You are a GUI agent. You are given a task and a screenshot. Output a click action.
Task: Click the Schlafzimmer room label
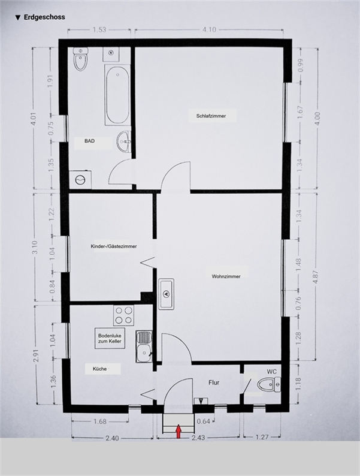(x=211, y=116)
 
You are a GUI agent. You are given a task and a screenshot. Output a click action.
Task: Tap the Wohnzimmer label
(x=226, y=276)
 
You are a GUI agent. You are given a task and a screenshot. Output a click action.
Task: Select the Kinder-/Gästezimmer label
(x=114, y=246)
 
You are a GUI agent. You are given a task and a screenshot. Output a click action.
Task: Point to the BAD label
(x=89, y=141)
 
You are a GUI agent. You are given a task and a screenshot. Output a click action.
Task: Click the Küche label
(x=100, y=369)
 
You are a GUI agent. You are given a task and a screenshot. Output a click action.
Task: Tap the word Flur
(x=214, y=382)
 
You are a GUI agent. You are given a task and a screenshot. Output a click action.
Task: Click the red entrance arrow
(x=179, y=432)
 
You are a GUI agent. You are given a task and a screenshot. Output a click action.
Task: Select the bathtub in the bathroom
(x=117, y=95)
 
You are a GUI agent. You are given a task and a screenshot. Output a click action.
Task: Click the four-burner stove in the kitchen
(x=124, y=315)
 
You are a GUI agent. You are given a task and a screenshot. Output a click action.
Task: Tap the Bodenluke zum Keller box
(x=110, y=339)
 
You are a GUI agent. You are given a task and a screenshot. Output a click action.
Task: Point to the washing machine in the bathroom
(x=80, y=180)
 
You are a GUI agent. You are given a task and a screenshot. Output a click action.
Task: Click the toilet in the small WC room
(x=269, y=385)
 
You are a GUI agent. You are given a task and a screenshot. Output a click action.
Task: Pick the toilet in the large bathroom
(x=81, y=59)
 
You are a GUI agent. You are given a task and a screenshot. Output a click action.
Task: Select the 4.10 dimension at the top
(x=209, y=30)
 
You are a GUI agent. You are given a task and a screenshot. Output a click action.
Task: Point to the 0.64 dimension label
(x=203, y=421)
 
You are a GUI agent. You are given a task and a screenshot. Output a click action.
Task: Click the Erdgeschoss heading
(x=44, y=17)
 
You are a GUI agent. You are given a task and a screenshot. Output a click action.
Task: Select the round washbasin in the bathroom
(x=124, y=141)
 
